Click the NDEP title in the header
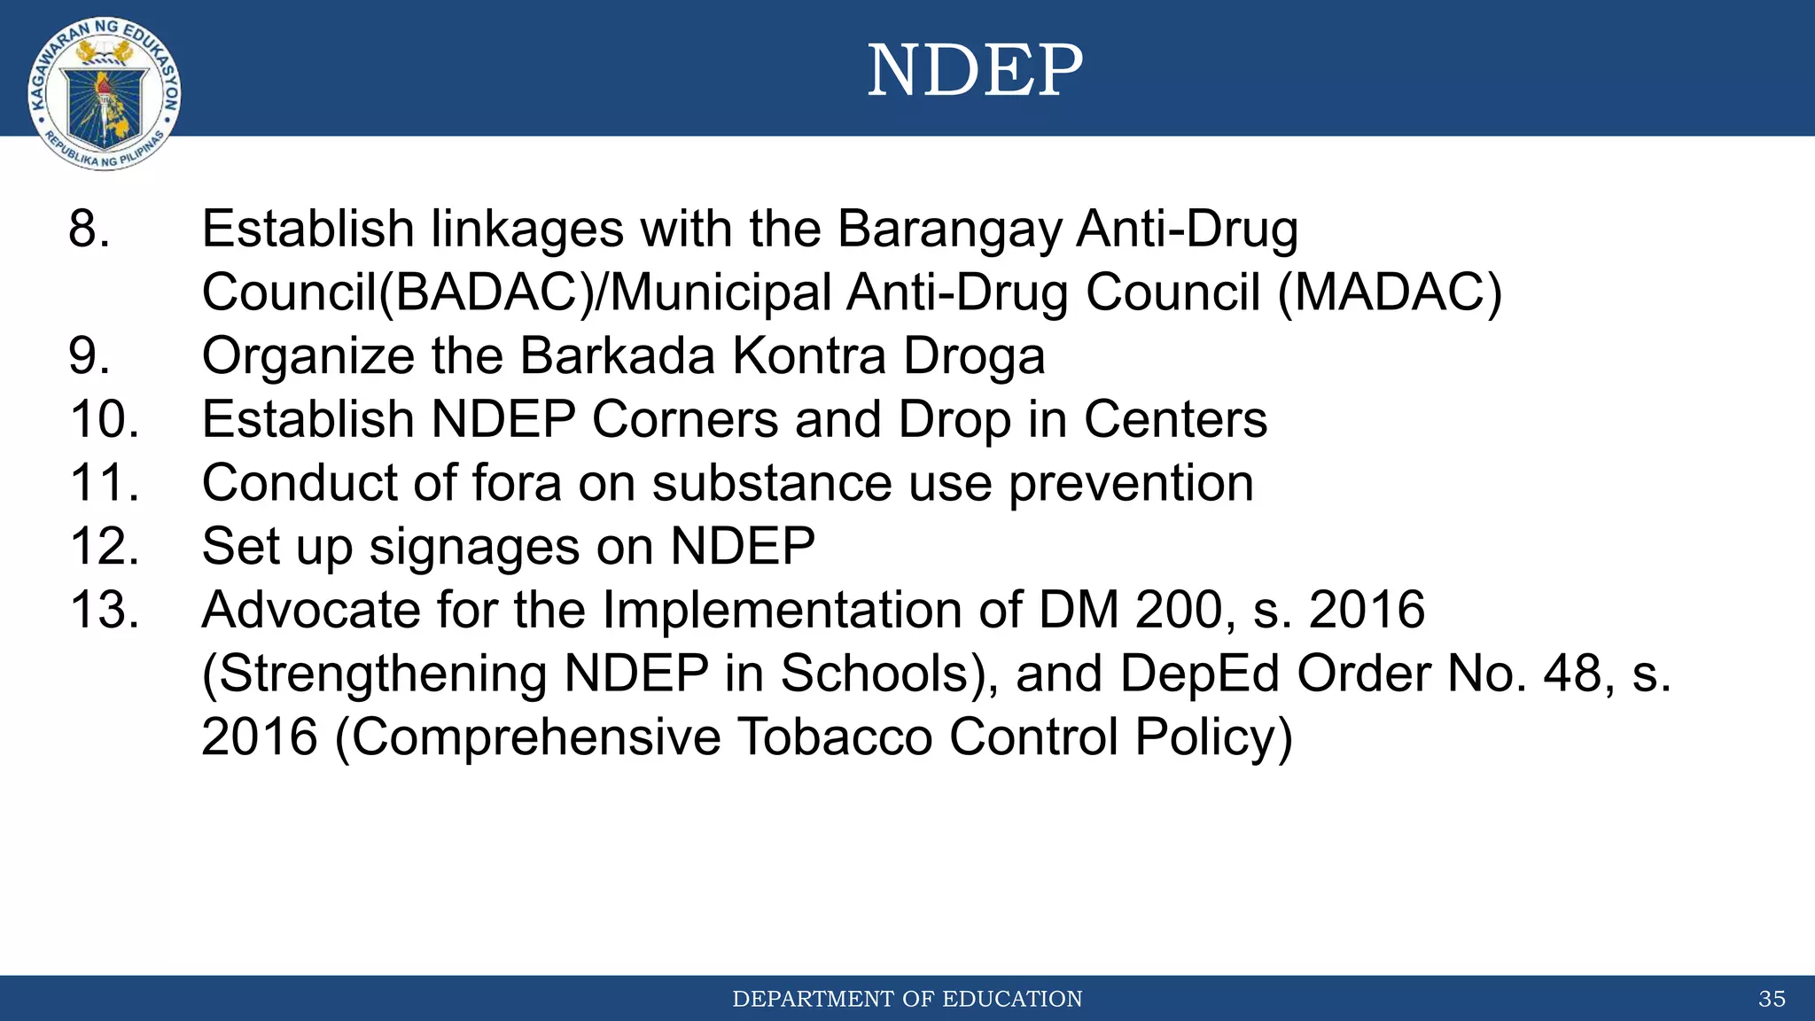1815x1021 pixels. (975, 70)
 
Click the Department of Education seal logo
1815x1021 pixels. (105, 94)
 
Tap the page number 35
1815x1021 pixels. (1772, 999)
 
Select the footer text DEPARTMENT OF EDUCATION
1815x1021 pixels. (907, 999)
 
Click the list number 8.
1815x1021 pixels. (90, 229)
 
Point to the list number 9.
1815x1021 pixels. (90, 355)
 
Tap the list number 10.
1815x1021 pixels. (105, 419)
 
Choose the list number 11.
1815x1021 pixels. (105, 483)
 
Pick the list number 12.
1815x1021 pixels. (105, 546)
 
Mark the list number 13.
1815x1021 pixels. (105, 610)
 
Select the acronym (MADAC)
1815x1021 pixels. (1390, 292)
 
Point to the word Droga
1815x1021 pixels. (974, 357)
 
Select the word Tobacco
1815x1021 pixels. (835, 737)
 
